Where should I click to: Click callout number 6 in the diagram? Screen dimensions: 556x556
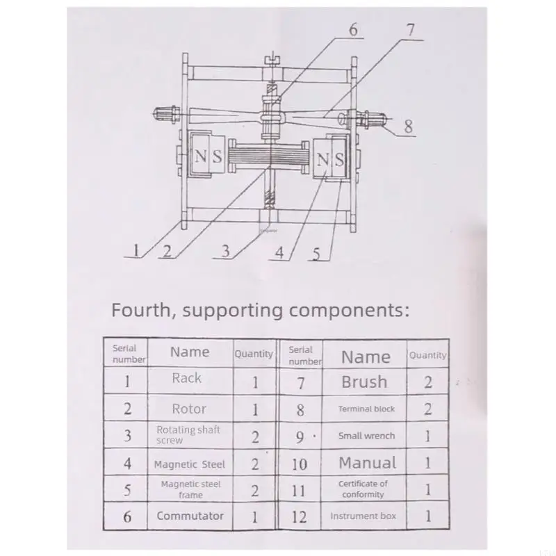(x=354, y=30)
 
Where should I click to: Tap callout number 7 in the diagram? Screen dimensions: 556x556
(x=411, y=30)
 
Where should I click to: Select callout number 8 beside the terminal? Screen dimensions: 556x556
(x=409, y=126)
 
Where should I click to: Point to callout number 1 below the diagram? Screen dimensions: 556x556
(x=136, y=250)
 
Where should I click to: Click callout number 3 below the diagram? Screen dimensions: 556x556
(x=226, y=251)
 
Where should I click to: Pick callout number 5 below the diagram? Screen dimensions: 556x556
(x=317, y=254)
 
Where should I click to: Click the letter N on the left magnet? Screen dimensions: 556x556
(x=200, y=156)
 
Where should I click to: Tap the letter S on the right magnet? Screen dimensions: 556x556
(x=339, y=160)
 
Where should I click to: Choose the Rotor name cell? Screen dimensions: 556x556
(x=189, y=409)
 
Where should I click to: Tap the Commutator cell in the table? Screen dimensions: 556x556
(x=190, y=516)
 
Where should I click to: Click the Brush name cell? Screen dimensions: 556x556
(x=364, y=382)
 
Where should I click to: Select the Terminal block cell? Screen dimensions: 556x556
(x=366, y=409)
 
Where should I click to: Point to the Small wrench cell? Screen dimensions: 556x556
(x=366, y=436)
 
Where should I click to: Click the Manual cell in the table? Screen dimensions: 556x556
(x=368, y=463)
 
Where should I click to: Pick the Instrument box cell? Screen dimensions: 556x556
(x=363, y=516)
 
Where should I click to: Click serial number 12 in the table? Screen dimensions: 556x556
(x=299, y=517)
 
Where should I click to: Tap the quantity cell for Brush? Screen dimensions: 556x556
(x=428, y=382)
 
